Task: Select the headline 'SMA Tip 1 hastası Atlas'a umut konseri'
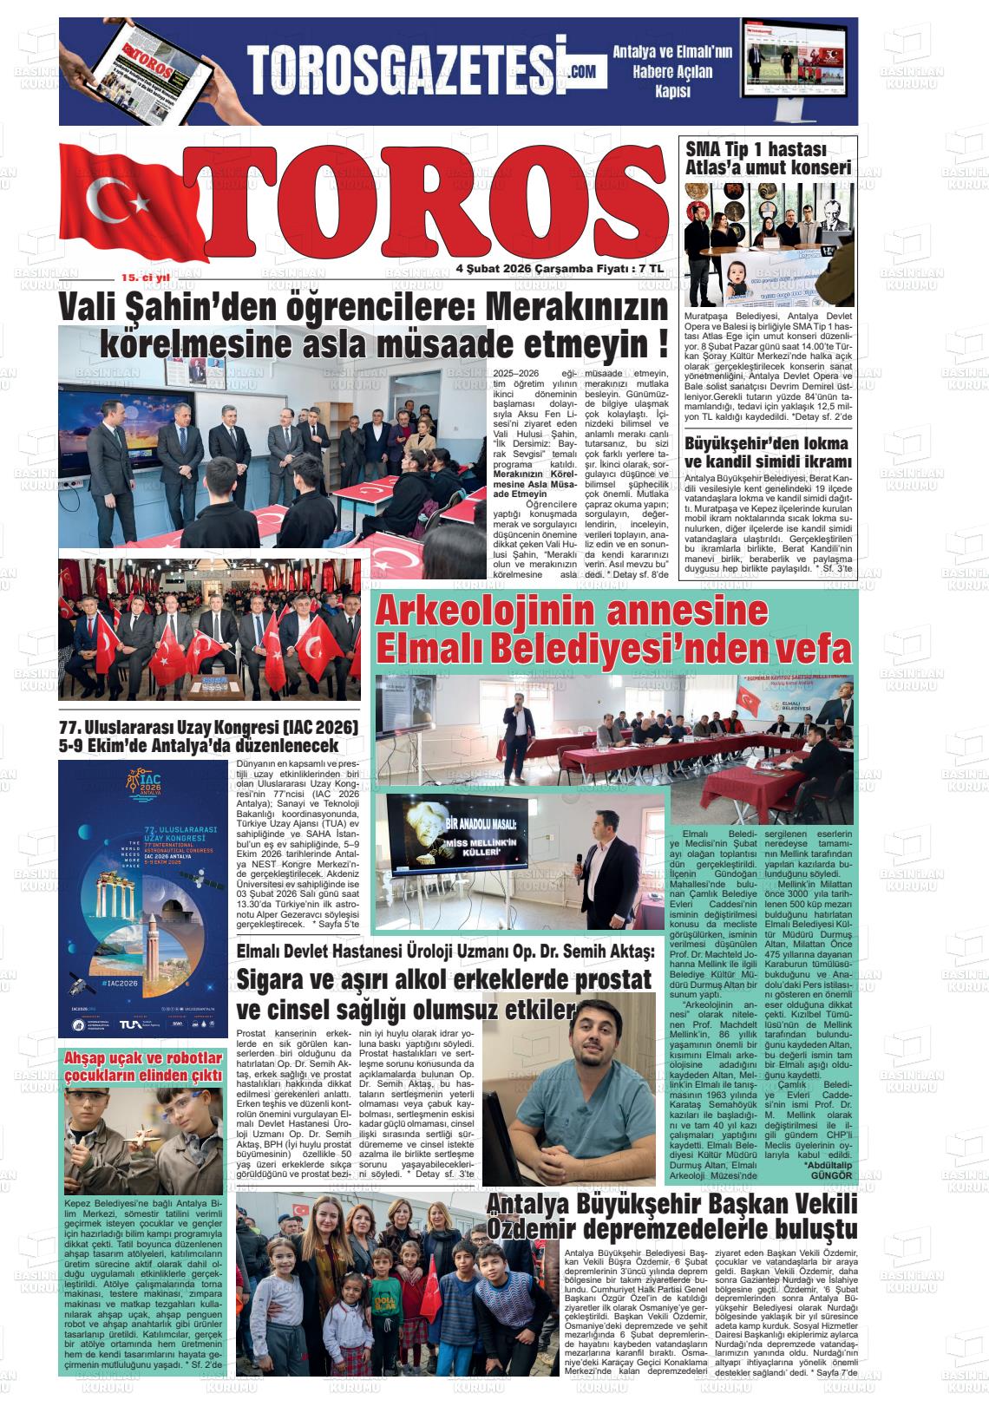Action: [x=767, y=158]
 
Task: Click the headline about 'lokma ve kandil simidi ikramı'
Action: [x=767, y=452]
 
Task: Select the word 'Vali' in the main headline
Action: [x=88, y=308]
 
